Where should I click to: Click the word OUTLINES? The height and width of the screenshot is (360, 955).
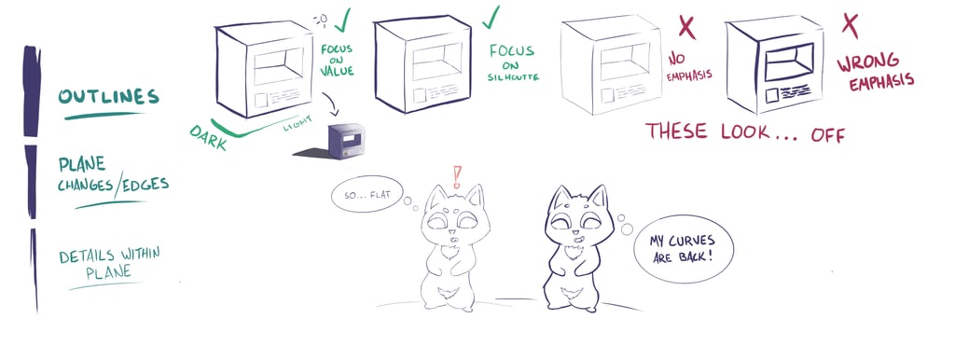click(109, 96)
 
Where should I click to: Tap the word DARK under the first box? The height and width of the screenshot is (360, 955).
click(208, 137)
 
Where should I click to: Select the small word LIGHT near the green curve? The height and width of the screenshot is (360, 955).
click(296, 124)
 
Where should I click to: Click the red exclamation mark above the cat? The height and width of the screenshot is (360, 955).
click(457, 176)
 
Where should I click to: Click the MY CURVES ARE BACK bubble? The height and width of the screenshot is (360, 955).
click(684, 249)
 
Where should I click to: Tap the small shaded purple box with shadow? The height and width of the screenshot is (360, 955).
click(347, 142)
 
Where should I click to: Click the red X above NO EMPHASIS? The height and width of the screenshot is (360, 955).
click(687, 27)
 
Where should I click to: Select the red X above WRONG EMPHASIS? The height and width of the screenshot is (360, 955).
click(851, 25)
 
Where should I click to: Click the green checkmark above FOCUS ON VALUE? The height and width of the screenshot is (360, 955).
click(342, 20)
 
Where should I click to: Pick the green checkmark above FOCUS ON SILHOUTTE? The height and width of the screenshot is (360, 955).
click(491, 17)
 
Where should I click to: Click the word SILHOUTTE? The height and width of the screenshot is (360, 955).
click(513, 77)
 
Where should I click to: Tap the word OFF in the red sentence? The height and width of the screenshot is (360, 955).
click(828, 134)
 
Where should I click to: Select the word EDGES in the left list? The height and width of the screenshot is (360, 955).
click(146, 184)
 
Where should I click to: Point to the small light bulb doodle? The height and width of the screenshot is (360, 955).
click(321, 19)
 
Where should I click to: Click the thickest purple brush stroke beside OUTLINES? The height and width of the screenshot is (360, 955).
click(32, 91)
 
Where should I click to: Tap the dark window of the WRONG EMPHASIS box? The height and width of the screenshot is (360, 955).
click(789, 62)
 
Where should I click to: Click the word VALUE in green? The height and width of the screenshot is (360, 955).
click(337, 71)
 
